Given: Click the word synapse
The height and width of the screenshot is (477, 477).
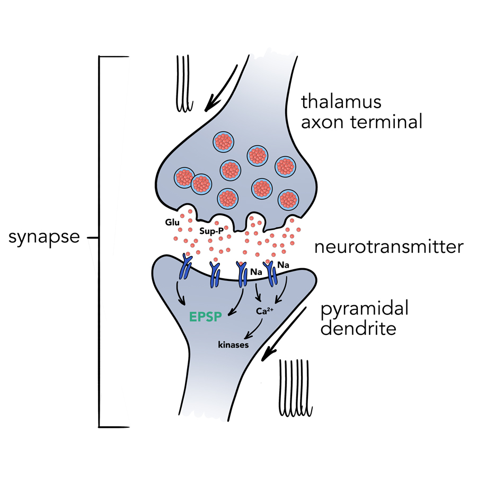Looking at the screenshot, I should pos(44,237).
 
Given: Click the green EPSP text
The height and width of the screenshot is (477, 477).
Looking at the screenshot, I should pos(205,317).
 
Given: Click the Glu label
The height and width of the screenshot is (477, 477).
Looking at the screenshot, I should pos(173,223).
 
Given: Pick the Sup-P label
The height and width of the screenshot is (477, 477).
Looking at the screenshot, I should pos(211,231).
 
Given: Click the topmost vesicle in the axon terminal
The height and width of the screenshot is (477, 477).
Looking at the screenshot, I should pos(224,142).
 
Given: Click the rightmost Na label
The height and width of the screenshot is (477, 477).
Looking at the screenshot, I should pos(283,265).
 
